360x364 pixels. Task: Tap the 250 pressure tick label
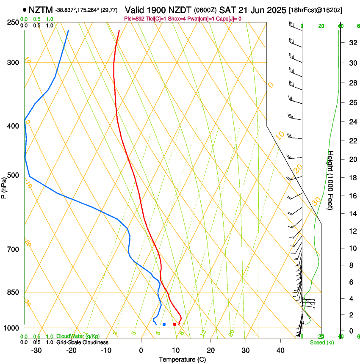13,22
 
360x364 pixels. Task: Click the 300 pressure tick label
13,63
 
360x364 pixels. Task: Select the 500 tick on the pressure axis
13,175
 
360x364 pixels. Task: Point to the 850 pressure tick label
13,292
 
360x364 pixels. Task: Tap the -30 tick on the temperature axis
36,350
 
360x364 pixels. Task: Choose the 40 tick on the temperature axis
280,350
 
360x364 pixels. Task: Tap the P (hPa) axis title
4,187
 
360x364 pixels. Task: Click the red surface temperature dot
174,324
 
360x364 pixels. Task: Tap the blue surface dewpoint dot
164,324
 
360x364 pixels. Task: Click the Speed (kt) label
321,342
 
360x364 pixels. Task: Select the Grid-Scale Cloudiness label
82,342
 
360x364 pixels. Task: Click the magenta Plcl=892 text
135,19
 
